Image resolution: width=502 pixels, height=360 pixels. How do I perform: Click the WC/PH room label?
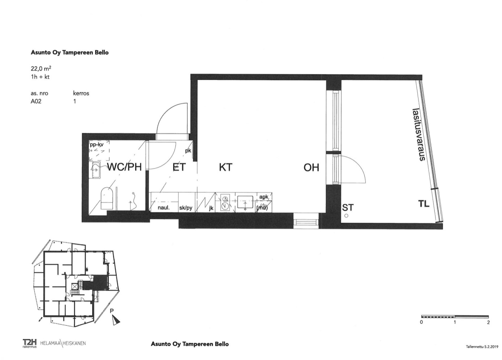click(125, 167)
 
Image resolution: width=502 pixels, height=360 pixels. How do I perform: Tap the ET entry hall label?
click(179, 167)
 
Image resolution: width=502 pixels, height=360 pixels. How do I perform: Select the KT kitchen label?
click(225, 167)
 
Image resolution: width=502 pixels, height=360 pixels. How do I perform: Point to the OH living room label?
click(311, 167)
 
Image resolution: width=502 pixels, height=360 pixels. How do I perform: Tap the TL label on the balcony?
click(424, 203)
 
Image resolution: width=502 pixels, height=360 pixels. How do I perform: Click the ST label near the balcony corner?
click(348, 208)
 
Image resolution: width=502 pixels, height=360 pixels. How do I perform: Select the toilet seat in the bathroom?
click(106, 198)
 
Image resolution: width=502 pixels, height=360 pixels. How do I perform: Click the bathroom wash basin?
click(95, 170)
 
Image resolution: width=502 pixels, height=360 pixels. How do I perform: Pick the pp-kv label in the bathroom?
click(97, 145)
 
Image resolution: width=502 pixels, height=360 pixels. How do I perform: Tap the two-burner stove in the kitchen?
click(225, 202)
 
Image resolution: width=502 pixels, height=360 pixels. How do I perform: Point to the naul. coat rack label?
click(163, 208)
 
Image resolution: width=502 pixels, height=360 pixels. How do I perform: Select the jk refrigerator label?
click(211, 208)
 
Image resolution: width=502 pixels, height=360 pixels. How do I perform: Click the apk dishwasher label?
click(264, 197)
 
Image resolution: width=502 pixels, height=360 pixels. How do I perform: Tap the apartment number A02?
click(36, 101)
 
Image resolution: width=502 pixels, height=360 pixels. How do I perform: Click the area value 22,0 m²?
click(41, 68)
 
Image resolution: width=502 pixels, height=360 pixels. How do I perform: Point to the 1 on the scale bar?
click(455, 322)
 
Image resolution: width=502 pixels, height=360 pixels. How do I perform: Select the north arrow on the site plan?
click(116, 320)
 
